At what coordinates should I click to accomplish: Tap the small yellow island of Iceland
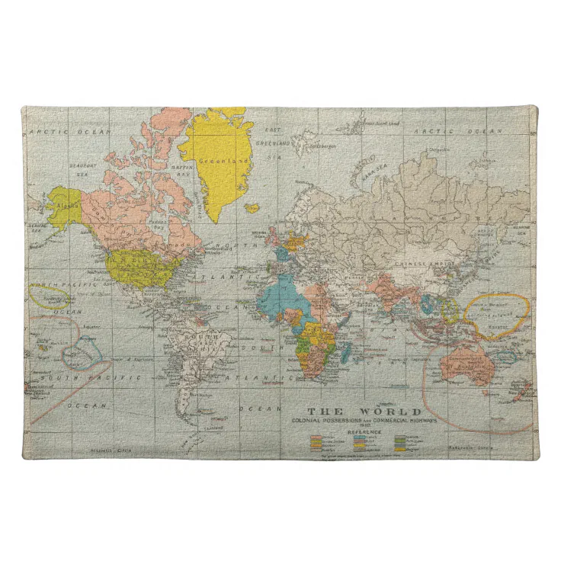coord(251,206)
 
